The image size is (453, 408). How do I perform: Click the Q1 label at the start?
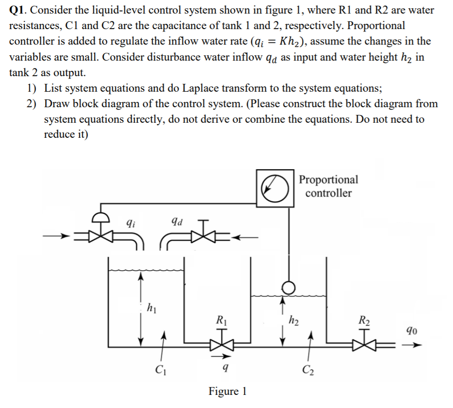click(17, 10)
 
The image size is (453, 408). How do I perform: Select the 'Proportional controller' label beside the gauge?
click(328, 186)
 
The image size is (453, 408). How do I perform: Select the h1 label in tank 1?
click(151, 307)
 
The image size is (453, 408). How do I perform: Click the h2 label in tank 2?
click(293, 319)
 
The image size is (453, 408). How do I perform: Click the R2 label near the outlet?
click(363, 319)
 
